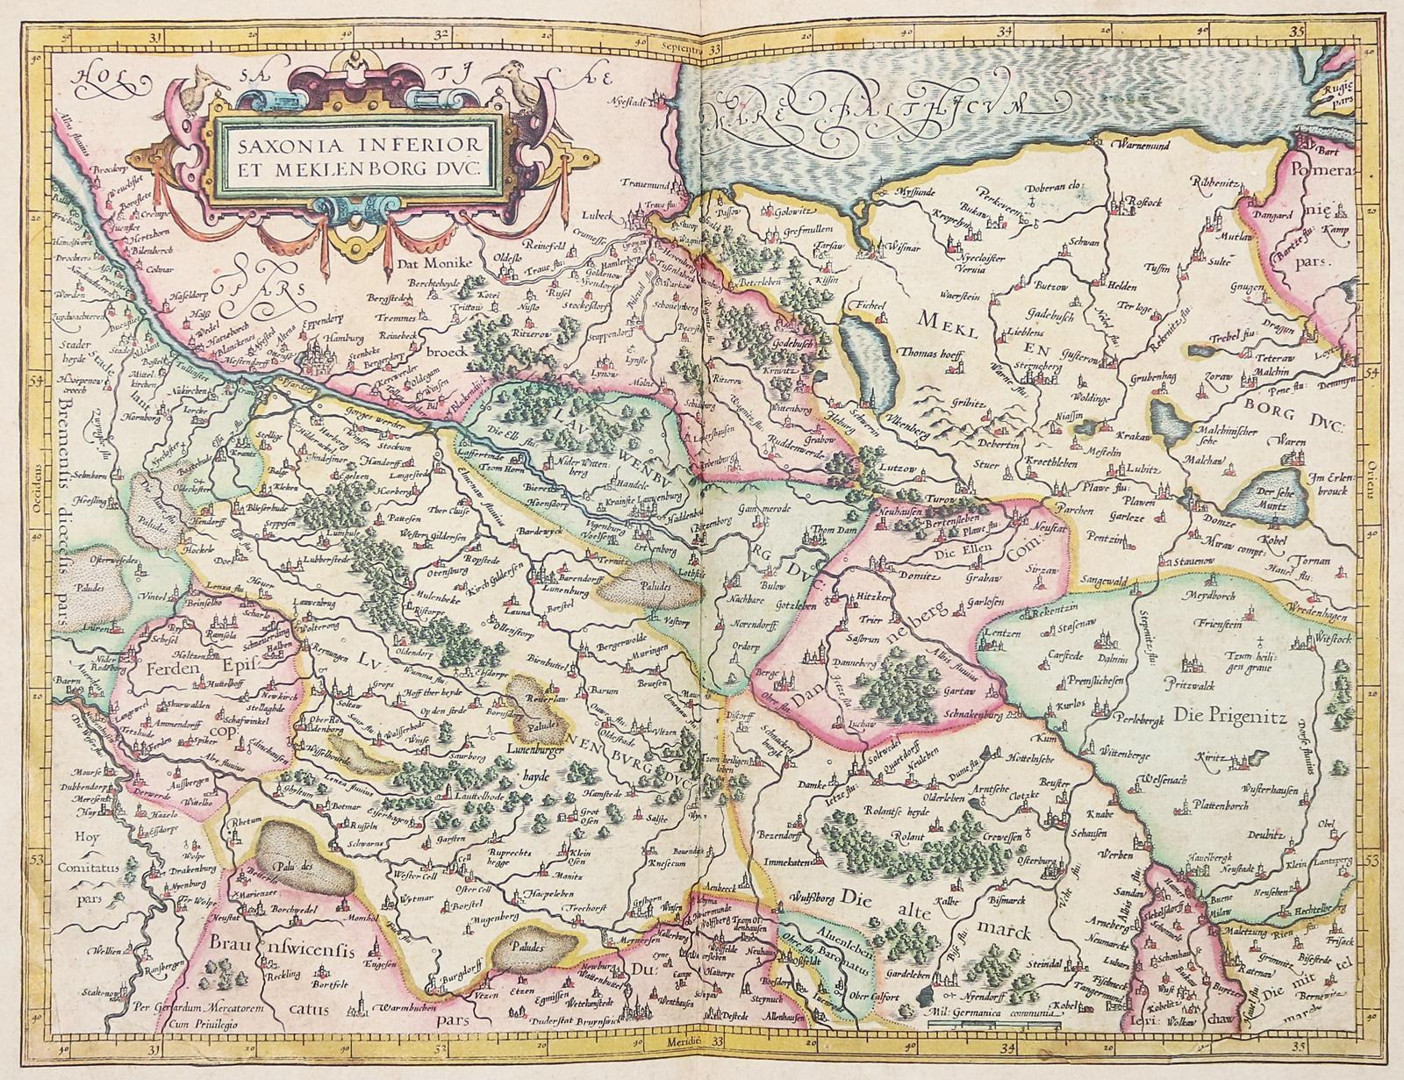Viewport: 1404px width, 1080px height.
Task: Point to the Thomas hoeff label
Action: tap(911, 357)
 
